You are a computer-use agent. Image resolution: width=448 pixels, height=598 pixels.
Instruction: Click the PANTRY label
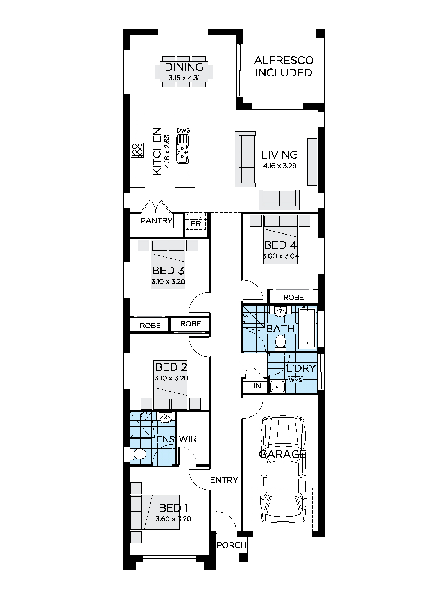tap(157, 221)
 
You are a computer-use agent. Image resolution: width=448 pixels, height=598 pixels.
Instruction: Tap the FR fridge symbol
tap(196, 223)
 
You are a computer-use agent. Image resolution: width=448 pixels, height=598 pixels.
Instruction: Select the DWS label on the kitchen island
tap(183, 131)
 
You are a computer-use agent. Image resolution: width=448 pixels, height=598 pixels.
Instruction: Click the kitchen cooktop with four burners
tap(137, 150)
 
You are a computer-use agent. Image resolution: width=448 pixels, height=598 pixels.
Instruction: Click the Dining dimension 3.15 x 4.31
tap(184, 77)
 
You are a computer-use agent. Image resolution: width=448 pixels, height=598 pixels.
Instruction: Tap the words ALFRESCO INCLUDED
tap(284, 66)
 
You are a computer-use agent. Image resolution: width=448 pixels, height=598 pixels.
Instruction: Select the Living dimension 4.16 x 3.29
tap(280, 166)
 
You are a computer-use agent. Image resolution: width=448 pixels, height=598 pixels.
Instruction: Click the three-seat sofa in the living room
tap(245, 159)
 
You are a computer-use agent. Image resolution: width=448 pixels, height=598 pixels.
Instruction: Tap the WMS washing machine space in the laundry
tap(295, 381)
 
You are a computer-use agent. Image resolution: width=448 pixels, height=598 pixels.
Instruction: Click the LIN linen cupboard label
tap(255, 386)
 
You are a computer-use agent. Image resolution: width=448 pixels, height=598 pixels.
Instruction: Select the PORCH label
tap(232, 545)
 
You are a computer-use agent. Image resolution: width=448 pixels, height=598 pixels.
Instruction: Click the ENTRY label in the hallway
tap(224, 480)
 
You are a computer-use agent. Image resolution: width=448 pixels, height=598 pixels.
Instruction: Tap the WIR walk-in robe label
tap(188, 439)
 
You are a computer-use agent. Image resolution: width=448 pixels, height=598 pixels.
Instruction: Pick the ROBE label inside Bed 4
tap(294, 298)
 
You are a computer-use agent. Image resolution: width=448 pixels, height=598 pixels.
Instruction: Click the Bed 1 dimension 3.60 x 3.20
tap(173, 519)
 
